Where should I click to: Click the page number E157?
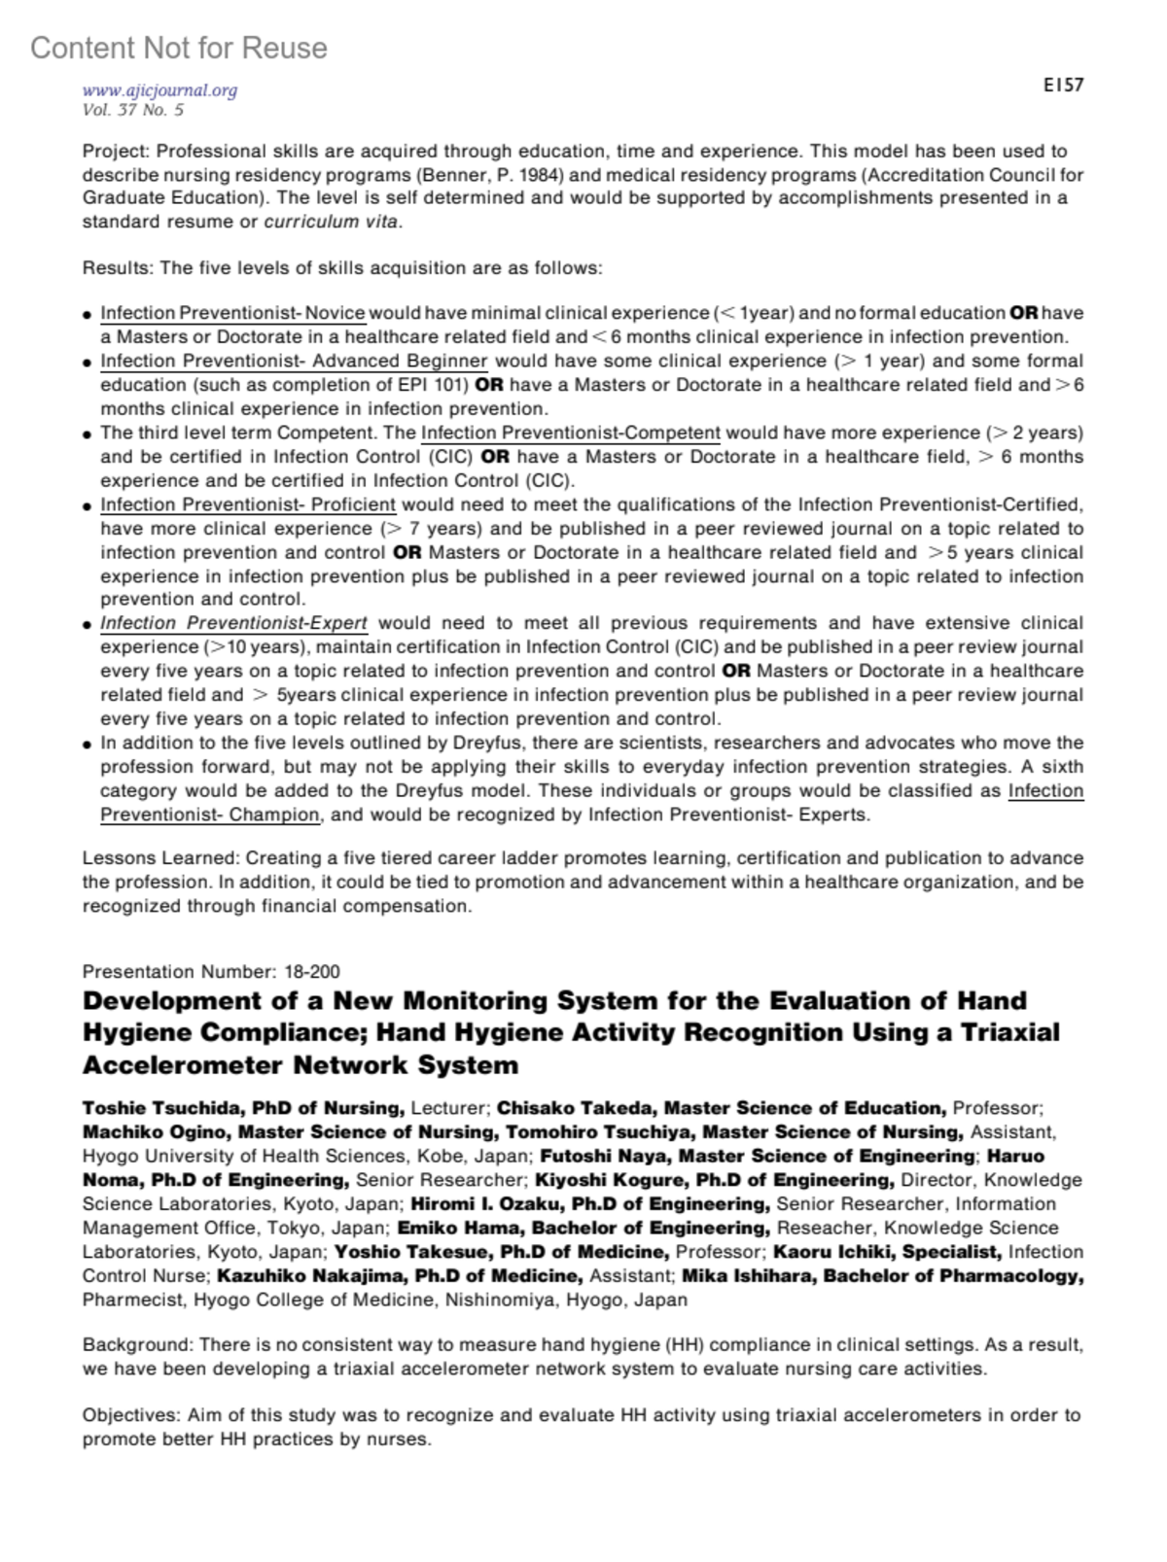1063,86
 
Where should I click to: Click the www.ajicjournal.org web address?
160,90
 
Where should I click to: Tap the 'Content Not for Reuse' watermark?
179,48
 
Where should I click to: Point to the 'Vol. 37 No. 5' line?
133,110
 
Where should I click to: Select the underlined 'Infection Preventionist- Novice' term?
232,313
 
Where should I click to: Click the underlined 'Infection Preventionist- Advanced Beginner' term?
294,361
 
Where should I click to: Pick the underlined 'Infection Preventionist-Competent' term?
571,433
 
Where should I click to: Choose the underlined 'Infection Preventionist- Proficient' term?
248,504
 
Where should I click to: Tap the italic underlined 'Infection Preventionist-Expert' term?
233,623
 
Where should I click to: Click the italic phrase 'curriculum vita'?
332,222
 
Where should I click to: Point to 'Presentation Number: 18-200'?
211,971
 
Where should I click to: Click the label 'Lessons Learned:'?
160,858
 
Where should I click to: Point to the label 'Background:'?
138,1345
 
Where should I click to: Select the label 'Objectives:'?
132,1415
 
